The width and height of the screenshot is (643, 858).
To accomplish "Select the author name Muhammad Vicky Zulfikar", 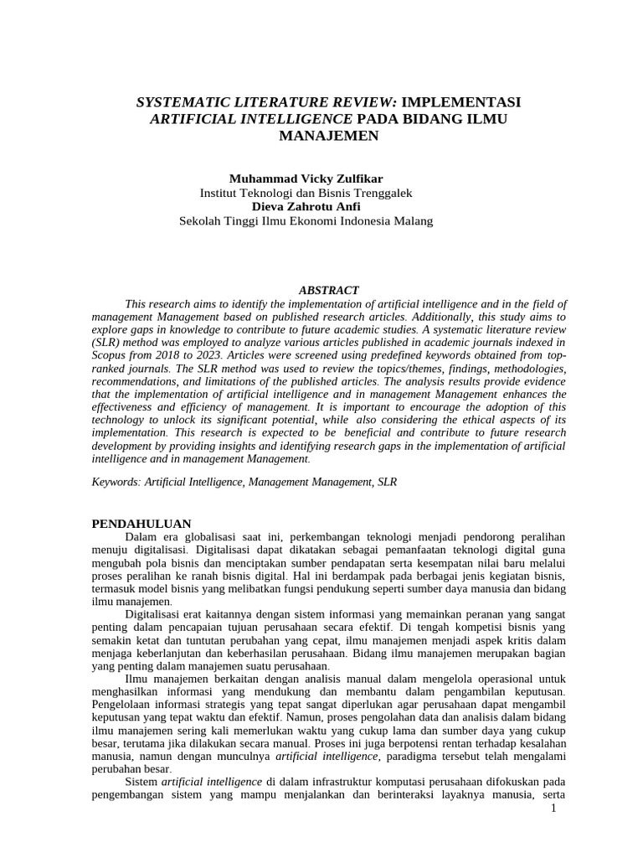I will tap(306, 179).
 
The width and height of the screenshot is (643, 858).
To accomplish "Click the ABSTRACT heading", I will tap(328, 290).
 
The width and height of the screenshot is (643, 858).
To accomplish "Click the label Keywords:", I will tap(116, 483).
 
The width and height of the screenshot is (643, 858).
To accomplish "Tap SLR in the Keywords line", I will tap(387, 483).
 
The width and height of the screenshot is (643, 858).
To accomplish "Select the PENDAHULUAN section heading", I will tap(141, 524).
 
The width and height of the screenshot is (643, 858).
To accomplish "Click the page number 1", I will tap(554, 809).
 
